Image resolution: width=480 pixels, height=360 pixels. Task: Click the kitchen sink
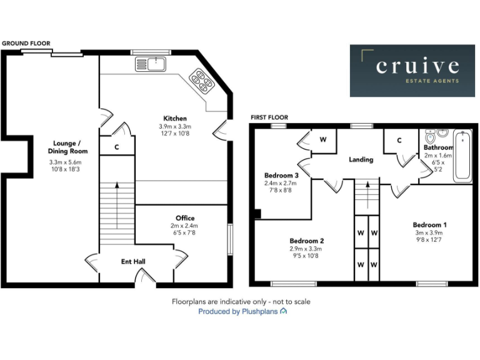pos(149,64)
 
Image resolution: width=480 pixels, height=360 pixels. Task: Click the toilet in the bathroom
pos(430,136)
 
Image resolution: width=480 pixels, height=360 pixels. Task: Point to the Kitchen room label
pos(175,118)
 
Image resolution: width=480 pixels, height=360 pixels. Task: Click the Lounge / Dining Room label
pos(68,147)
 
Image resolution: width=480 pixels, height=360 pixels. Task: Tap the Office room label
pos(185,218)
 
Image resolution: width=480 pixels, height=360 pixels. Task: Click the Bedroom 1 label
pos(429,224)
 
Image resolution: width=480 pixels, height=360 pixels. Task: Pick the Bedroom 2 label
pos(306,240)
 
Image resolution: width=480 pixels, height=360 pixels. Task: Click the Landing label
pos(361,159)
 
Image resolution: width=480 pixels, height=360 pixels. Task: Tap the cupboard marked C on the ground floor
pos(117,147)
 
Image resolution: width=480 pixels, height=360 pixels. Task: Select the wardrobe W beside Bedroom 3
pos(323,139)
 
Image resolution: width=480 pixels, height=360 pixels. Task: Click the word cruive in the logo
pos(417,66)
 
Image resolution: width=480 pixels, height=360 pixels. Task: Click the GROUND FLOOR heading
pos(25,43)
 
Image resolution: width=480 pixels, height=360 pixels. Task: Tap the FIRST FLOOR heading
pos(269,117)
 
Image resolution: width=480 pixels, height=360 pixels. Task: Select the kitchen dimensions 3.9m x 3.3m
pos(175,127)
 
